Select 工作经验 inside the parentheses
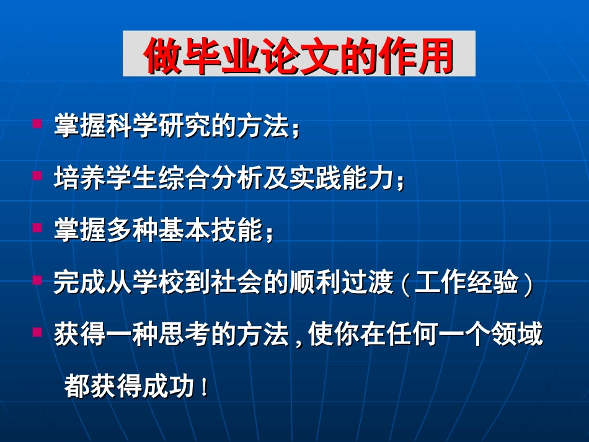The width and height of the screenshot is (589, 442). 466,283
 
